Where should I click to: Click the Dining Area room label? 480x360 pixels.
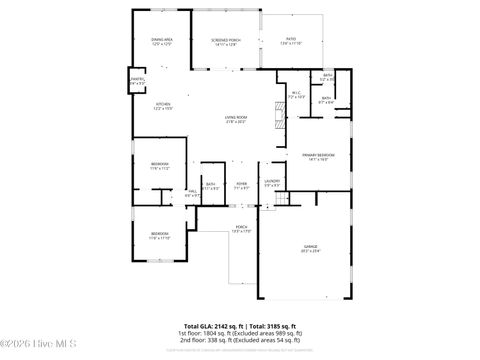coord(161,41)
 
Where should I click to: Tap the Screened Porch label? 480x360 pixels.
coord(225,41)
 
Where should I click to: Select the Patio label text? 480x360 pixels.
coord(291,41)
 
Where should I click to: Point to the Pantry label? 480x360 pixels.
coord(137,81)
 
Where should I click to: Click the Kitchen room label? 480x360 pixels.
coord(162,106)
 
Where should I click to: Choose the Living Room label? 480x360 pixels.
coord(236,120)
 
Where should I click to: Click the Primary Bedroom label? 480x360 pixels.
coord(319,157)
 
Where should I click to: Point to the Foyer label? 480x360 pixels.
coord(241,184)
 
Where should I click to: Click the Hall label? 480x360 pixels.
coord(192,192)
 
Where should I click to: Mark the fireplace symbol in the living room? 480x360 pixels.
coord(279,110)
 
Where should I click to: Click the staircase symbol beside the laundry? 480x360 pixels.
coord(282,198)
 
